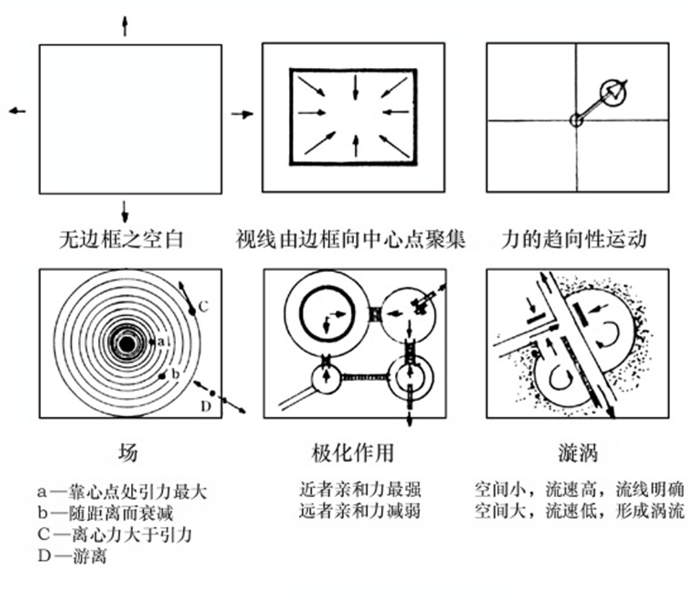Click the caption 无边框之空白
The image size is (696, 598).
(122, 239)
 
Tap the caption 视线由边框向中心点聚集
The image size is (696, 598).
(351, 239)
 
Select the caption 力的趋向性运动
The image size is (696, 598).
(574, 239)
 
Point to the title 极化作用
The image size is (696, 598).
(352, 452)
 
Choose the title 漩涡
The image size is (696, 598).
(578, 452)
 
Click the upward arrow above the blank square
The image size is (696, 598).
(124, 25)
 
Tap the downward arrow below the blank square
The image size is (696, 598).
(124, 211)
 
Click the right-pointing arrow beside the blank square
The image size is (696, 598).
(242, 114)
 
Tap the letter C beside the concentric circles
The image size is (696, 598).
(203, 306)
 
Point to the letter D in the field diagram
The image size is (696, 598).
(206, 407)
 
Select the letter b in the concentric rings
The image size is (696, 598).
(175, 374)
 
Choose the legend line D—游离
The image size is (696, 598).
(72, 556)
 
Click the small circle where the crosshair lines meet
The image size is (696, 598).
(576, 120)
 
